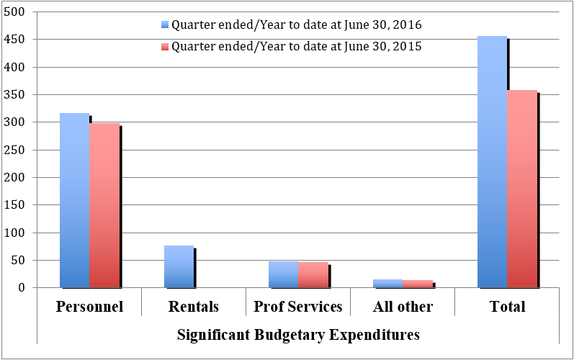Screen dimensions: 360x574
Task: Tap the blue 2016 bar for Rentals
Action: click(179, 266)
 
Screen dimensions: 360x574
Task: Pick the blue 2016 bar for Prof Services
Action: click(283, 274)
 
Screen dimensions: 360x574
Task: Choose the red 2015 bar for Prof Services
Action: click(313, 275)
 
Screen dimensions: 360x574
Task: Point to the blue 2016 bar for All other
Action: click(387, 284)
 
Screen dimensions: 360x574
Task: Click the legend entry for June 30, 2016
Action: click(295, 24)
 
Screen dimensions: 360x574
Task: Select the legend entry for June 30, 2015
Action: click(295, 47)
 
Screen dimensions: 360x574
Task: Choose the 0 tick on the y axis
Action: click(21, 288)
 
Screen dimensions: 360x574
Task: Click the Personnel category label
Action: click(89, 307)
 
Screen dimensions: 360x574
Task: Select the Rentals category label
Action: click(194, 307)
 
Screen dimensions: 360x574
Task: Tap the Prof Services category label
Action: click(298, 307)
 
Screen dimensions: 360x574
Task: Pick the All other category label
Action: click(403, 307)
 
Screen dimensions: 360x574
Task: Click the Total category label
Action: click(507, 307)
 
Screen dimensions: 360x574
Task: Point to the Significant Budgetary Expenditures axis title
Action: click(298, 335)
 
